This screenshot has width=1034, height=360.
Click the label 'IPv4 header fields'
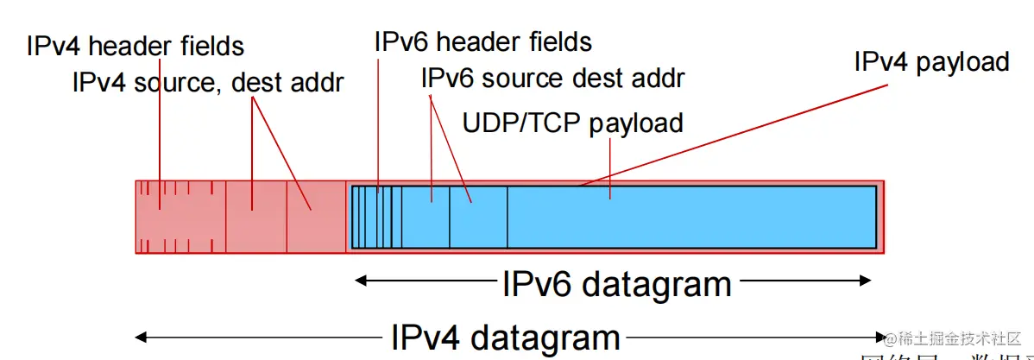136,45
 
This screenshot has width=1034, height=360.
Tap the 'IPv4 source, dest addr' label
208,83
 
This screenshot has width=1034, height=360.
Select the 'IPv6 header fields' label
483,41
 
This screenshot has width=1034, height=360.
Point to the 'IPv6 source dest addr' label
552,79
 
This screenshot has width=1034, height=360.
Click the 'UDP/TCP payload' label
573,123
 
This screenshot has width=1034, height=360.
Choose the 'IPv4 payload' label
931,62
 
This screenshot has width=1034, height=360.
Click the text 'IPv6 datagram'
616,283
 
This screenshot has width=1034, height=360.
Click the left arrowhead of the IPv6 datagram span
363,280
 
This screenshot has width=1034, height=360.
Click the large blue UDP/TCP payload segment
690,217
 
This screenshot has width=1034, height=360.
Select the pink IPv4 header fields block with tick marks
180,217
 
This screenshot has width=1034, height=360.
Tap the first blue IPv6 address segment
426,217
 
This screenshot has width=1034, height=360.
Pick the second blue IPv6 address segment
478,217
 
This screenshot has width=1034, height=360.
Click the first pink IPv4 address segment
255,217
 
